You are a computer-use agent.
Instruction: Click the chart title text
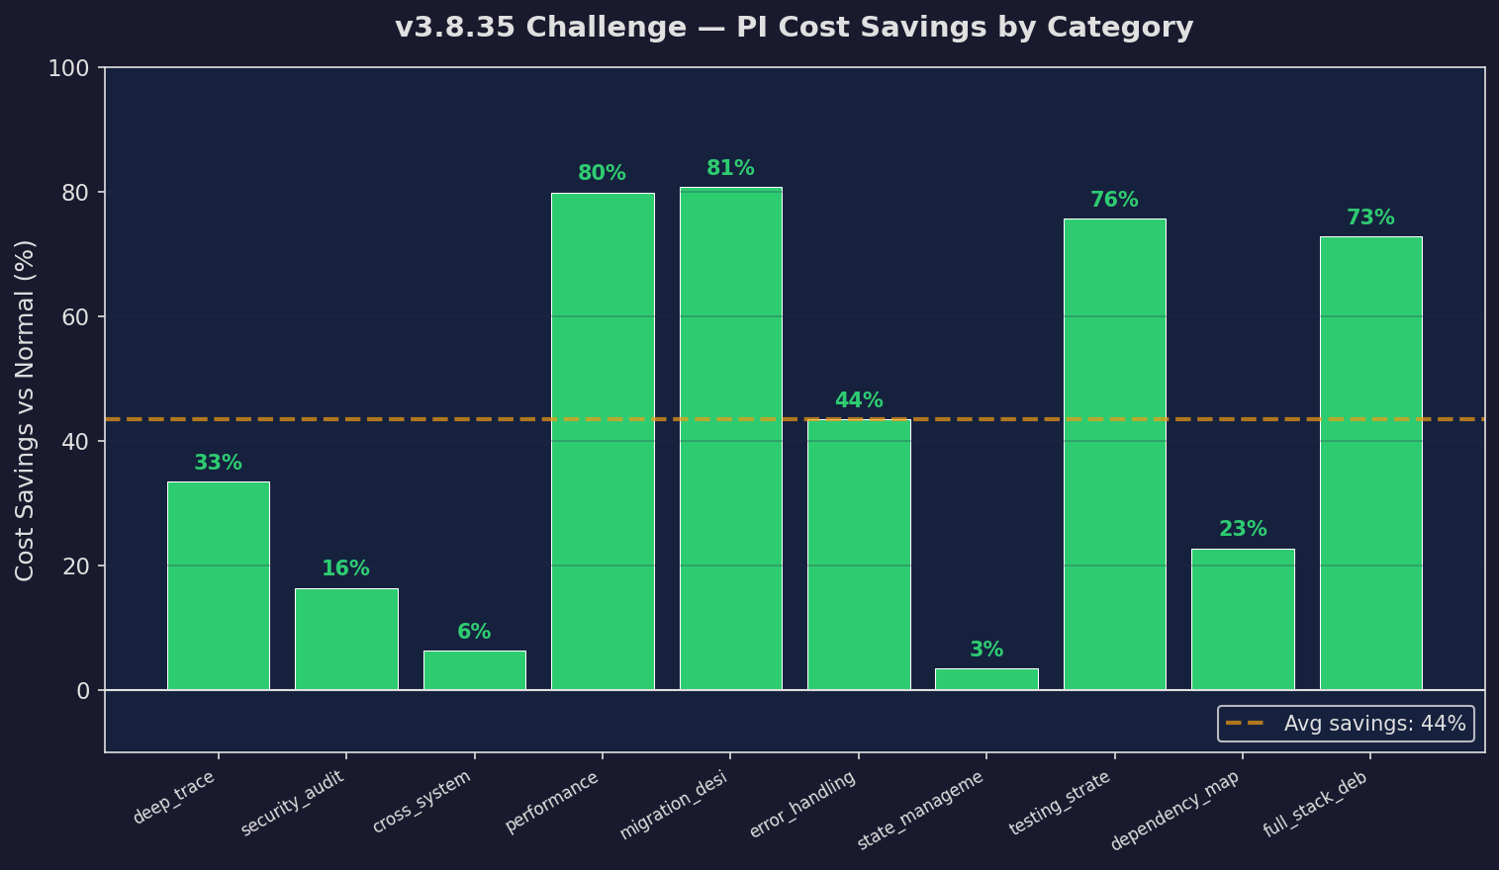tap(794, 28)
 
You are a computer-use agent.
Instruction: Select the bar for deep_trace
tap(218, 585)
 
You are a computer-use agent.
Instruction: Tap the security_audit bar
tap(346, 639)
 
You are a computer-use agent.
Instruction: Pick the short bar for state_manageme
tap(986, 679)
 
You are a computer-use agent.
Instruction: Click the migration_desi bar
tap(730, 438)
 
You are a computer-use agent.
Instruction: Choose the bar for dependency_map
tap(1243, 619)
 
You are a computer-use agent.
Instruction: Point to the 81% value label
tap(730, 169)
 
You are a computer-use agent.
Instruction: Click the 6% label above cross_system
tap(474, 633)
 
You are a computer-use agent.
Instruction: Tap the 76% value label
tap(1114, 201)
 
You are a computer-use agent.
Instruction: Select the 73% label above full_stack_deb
tap(1370, 218)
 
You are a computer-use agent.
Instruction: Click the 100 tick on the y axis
tap(69, 68)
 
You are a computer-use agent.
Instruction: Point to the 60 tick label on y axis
tap(76, 317)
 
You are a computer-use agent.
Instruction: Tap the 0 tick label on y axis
tap(83, 691)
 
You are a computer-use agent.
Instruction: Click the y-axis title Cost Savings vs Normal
tap(26, 410)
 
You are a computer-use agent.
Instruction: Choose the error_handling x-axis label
tap(803, 805)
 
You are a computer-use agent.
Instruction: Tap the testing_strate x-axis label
tap(1061, 803)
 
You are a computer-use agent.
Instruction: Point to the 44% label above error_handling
tap(859, 401)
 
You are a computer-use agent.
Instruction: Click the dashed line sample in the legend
tap(1245, 724)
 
